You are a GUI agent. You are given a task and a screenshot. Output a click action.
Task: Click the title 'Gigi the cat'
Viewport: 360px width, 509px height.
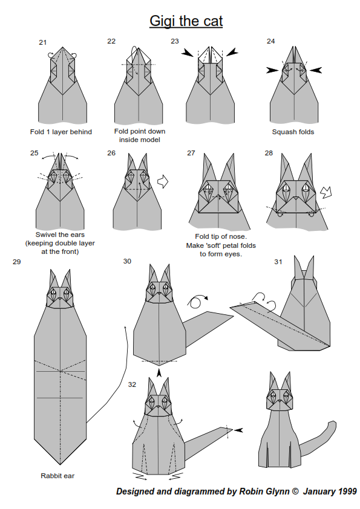click(186, 21)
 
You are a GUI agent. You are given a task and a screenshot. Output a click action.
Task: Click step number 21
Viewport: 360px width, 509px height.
click(42, 42)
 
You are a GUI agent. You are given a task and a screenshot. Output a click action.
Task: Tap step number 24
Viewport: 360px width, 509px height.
click(270, 41)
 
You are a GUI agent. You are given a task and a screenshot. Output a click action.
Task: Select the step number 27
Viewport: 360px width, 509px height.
click(191, 153)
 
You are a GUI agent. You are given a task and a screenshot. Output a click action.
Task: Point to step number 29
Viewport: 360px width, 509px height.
click(16, 262)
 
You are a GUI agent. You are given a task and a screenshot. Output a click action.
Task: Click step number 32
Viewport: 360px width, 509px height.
click(132, 384)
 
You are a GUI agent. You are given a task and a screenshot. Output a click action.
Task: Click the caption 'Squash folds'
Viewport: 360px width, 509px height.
click(293, 132)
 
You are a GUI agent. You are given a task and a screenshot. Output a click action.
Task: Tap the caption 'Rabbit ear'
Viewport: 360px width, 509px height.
click(57, 476)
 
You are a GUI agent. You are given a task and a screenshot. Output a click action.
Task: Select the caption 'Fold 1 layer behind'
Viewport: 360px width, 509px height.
click(61, 132)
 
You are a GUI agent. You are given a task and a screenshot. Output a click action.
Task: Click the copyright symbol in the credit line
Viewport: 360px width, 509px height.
click(295, 491)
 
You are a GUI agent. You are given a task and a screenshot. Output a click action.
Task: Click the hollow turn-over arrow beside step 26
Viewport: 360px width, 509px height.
click(163, 182)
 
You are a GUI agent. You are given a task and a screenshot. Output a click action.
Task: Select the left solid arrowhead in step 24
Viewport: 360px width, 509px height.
click(272, 70)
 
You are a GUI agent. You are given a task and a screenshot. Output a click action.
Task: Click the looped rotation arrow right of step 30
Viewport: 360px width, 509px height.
click(197, 302)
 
